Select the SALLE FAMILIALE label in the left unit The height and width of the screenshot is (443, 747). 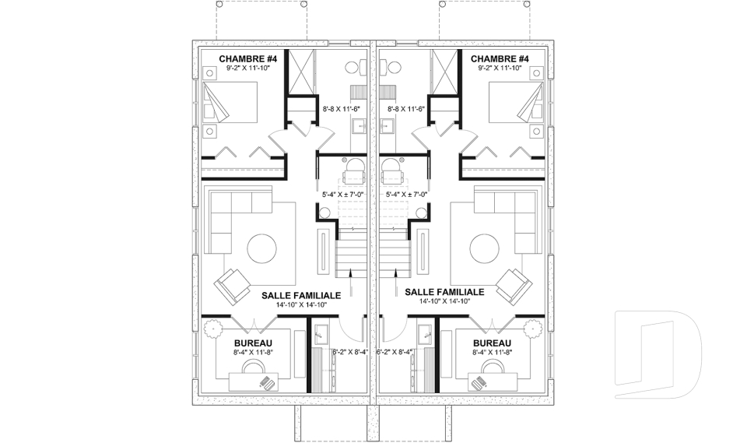301,296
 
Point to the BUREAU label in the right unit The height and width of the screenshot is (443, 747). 492,343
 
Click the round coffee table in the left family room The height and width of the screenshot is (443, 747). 261,248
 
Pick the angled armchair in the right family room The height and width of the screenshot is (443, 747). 514,287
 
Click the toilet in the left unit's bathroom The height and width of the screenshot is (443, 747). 355,67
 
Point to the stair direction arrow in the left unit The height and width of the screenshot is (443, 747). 351,283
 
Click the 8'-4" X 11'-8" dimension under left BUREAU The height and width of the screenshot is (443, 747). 253,353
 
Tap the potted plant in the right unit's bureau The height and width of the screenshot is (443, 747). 531,328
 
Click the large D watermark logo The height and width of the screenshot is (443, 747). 658,354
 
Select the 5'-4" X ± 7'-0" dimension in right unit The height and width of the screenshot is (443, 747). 406,194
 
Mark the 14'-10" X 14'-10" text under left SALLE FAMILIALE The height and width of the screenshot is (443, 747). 301,304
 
